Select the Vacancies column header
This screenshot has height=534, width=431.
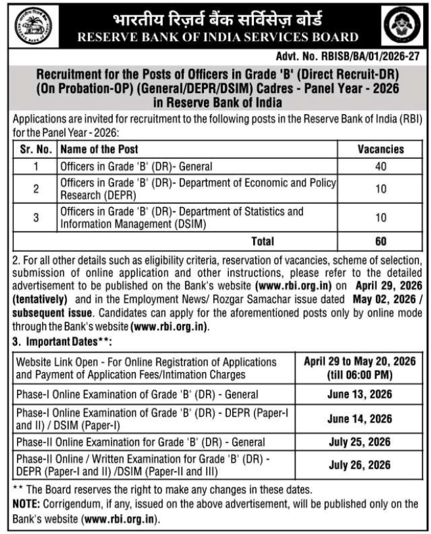381,149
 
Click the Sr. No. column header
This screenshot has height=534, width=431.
35,149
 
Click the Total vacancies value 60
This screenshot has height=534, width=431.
381,242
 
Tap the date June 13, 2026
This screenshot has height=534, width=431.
360,394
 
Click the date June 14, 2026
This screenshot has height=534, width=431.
360,419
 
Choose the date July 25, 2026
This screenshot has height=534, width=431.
360,442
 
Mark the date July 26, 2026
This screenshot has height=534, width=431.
360,465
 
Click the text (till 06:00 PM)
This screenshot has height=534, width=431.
359,375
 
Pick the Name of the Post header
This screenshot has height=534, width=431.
99,149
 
